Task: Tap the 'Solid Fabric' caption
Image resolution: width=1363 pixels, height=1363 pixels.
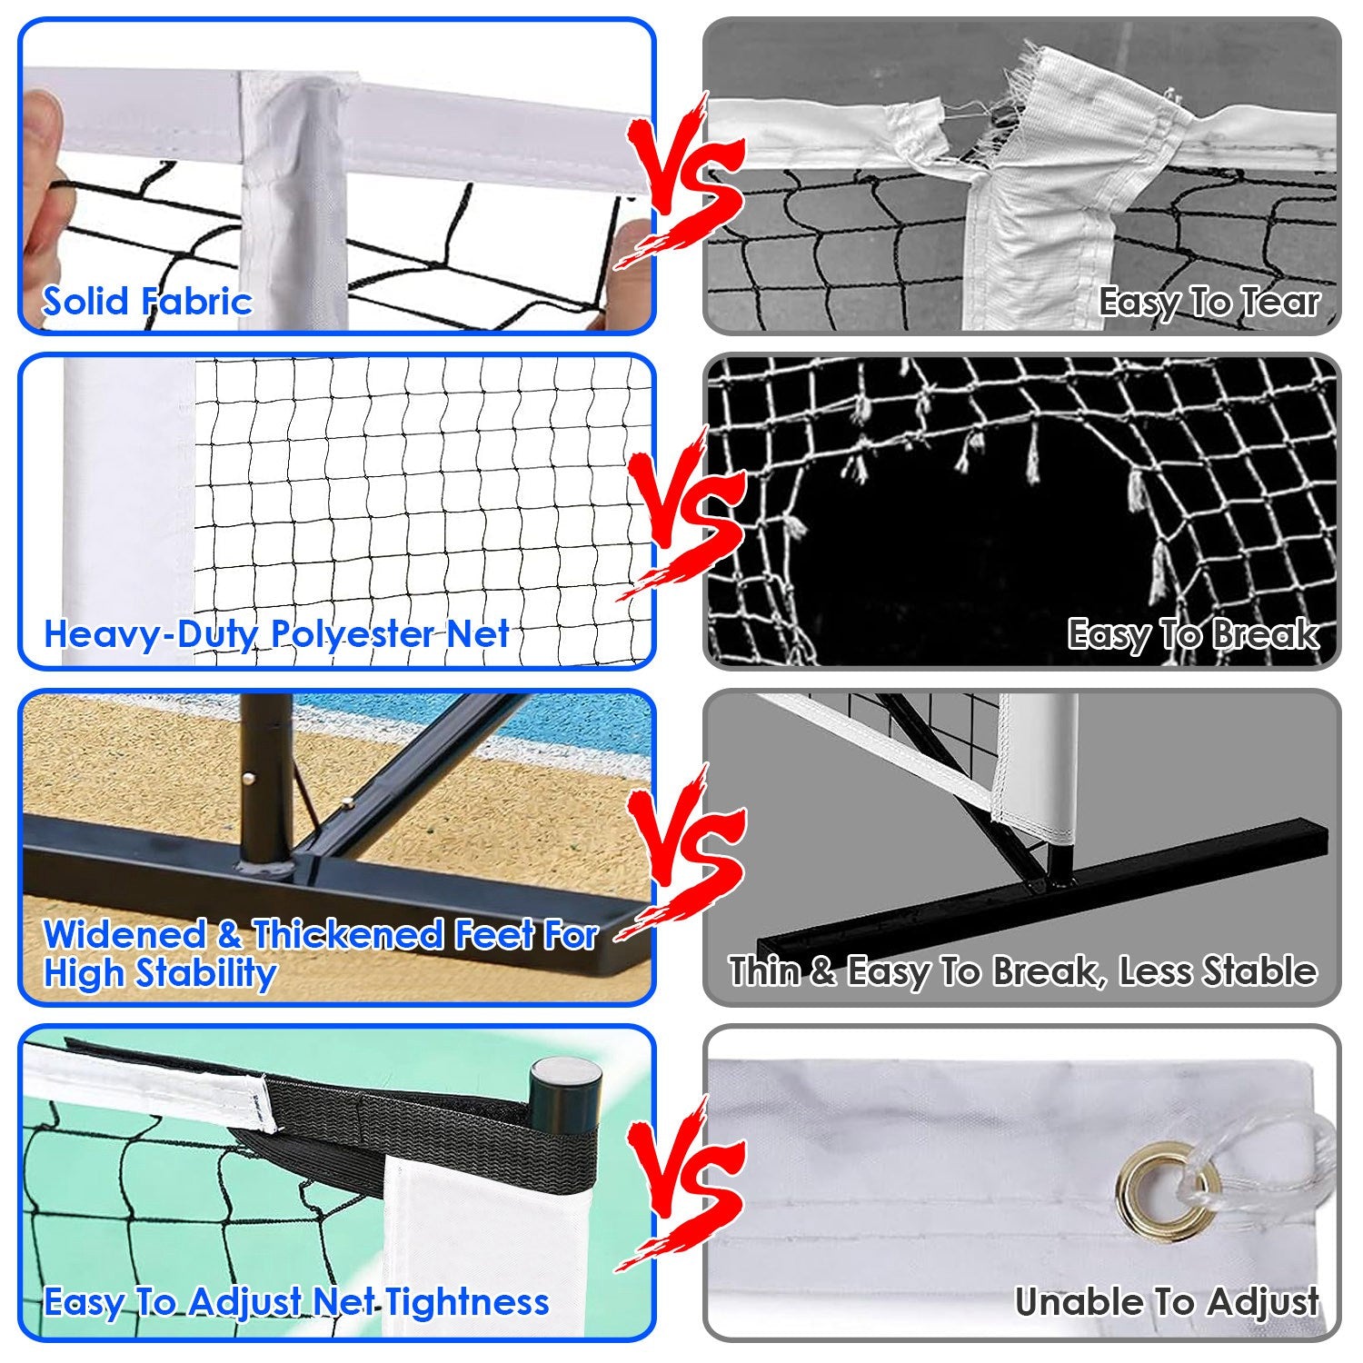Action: pos(146,301)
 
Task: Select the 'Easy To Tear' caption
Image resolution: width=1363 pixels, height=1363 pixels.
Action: pos(1208,302)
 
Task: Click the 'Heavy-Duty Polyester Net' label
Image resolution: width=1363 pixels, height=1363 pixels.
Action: pos(276,633)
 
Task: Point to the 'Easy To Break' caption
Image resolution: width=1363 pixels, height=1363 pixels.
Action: pos(1192,633)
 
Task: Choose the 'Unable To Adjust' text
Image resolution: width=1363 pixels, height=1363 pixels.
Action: pos(1167,1301)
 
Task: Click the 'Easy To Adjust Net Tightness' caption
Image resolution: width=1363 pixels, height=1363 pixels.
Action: pos(296,1301)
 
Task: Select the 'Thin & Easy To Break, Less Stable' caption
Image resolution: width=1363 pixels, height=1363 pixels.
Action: pos(1022,971)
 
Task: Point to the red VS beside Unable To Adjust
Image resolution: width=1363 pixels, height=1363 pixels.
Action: pos(687,1181)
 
